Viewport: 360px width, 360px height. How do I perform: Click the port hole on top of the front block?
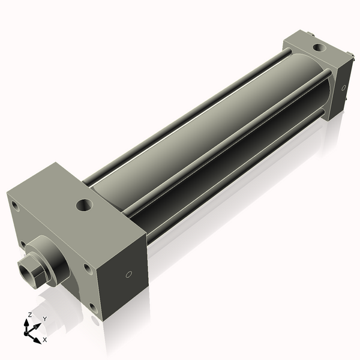(x=83, y=206)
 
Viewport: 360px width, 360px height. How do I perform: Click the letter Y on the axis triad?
(x=44, y=319)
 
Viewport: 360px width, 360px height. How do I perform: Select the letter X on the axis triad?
(x=44, y=340)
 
